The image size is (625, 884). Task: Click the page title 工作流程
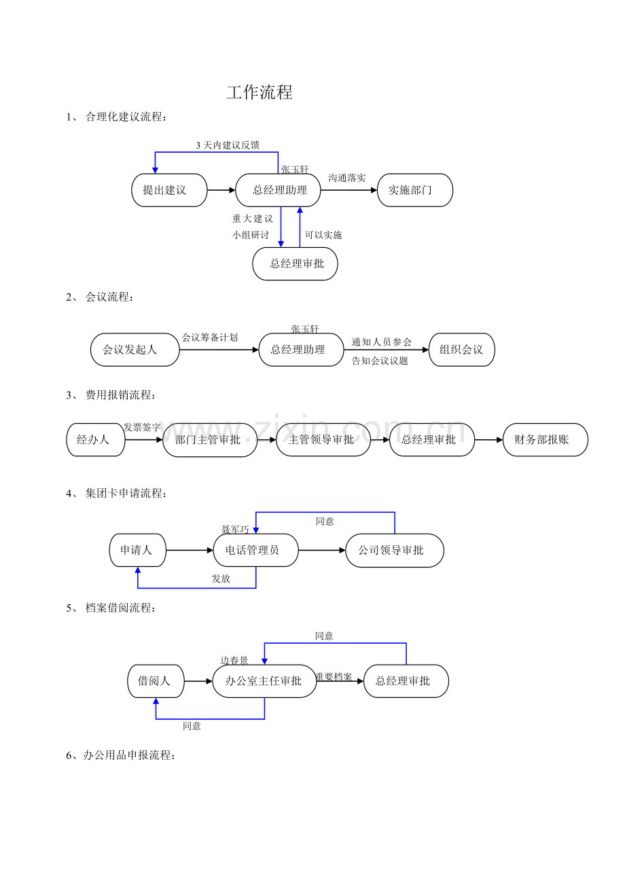point(260,92)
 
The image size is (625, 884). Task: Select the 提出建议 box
point(169,190)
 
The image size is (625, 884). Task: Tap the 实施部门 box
point(415,190)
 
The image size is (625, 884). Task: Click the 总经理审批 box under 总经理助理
point(295,263)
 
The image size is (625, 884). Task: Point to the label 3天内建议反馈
point(228,145)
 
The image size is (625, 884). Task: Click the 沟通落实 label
point(346,178)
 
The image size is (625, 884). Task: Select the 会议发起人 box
point(135,350)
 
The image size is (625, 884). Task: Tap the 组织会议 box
point(461,350)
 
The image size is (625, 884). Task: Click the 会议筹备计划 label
point(210,337)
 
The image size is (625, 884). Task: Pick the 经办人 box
point(96,440)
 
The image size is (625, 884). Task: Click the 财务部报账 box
point(546,440)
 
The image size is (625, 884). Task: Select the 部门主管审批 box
point(210,440)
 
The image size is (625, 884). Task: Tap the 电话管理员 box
point(256,550)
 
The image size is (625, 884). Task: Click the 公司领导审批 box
point(395,550)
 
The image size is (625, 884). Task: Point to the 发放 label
point(221,578)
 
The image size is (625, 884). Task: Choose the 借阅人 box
point(156,681)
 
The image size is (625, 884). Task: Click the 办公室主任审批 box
point(264,681)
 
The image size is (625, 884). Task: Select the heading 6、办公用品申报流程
point(120,756)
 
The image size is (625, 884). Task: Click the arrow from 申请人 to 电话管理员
point(190,550)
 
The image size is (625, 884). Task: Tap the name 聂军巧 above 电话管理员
point(235,530)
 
